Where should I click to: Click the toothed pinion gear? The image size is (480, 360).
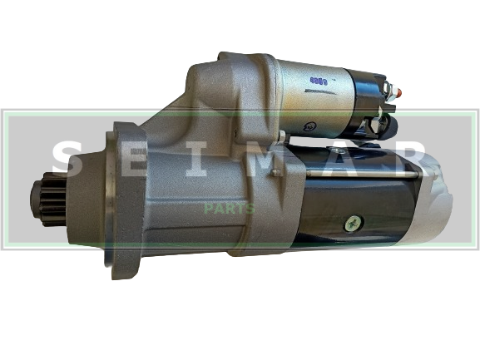coord(49,199)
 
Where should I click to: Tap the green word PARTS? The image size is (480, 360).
coord(230,209)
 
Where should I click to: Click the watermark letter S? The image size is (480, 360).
coord(67,159)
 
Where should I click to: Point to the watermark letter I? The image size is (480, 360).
coord(196,159)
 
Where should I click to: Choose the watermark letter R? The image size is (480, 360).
coord(408,159)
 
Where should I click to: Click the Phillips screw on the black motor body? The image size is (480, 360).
coord(354,224)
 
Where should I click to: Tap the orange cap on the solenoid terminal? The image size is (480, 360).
coord(398,91)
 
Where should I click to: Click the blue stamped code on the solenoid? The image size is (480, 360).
coord(319,81)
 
